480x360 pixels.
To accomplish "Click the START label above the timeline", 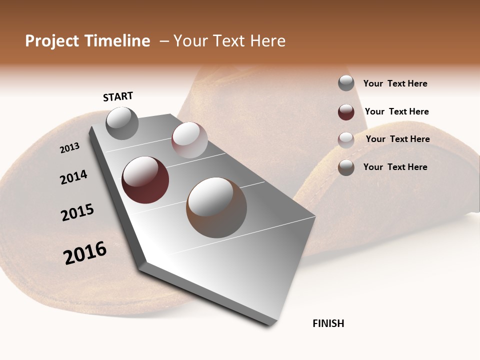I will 118,96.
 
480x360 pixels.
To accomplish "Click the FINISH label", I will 328,323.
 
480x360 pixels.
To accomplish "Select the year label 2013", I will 70,148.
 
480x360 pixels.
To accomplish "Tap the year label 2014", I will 74,177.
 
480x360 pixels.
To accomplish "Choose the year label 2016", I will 85,253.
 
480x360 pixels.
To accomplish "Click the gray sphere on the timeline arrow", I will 122,123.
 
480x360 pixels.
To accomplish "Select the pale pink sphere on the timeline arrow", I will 189,140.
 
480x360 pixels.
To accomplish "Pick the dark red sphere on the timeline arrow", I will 145,180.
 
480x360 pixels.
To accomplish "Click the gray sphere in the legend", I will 346,83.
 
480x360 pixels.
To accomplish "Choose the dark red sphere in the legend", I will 346,112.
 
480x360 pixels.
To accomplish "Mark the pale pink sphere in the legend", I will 346,140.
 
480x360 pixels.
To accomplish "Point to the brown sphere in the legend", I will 346,167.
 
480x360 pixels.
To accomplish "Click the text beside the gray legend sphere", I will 395,83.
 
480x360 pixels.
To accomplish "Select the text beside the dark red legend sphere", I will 396,111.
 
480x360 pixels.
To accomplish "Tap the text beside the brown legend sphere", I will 395,167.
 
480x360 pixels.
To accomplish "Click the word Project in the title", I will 52,41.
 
